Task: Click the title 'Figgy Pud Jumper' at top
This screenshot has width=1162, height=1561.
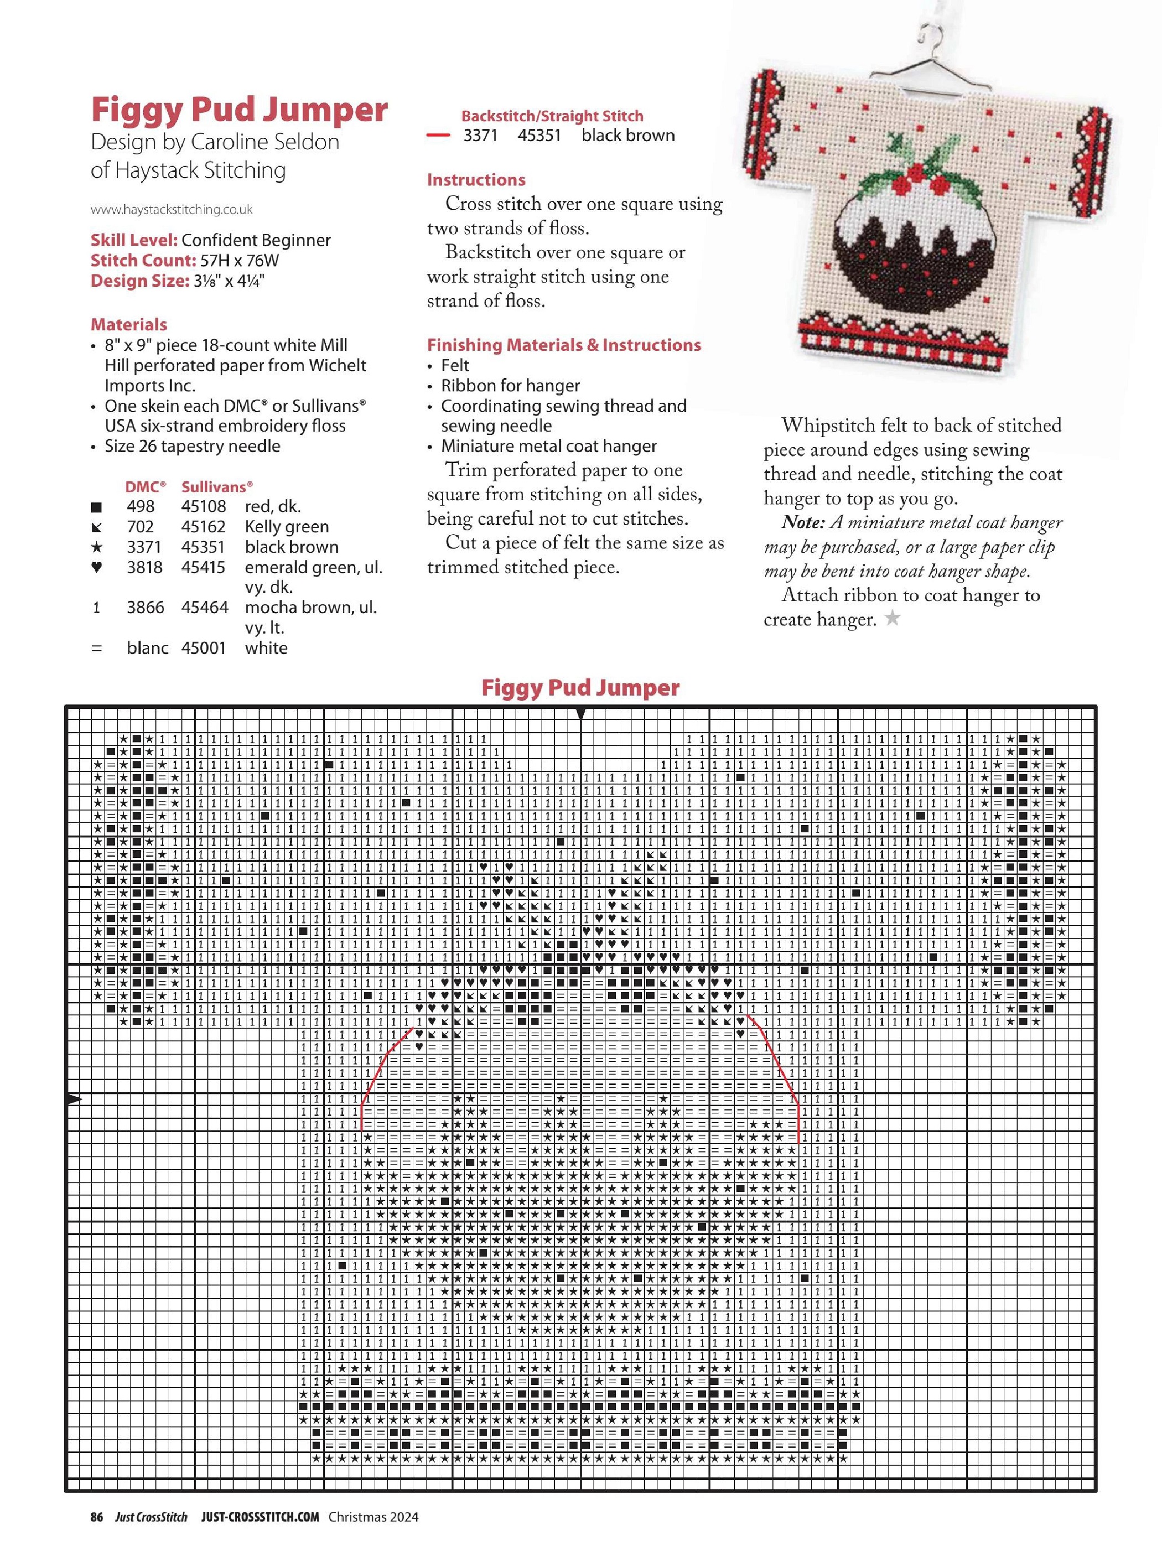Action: tap(239, 110)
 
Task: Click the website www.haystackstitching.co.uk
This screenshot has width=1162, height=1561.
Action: tap(172, 210)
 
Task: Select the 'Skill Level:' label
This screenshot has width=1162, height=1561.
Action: tap(134, 241)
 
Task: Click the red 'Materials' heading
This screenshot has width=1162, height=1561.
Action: tap(129, 325)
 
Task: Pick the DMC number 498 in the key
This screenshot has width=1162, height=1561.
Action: tap(141, 506)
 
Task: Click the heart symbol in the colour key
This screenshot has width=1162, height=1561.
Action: tap(96, 568)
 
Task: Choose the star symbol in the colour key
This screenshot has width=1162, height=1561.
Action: tap(96, 547)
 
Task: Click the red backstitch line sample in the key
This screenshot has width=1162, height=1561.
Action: tap(438, 135)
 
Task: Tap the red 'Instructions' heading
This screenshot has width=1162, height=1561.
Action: tap(476, 180)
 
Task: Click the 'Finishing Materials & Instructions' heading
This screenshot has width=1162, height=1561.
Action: tap(564, 345)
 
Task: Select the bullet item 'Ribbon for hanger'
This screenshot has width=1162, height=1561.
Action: tap(510, 386)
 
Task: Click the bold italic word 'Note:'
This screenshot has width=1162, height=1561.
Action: tap(802, 523)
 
